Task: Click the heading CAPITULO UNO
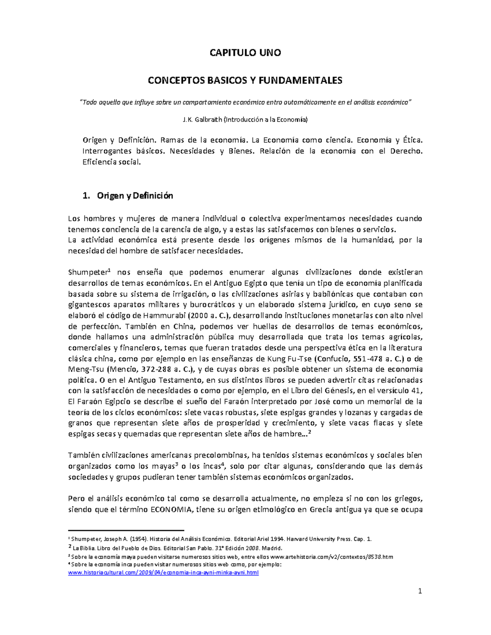[x=245, y=53]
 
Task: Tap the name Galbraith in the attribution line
[x=208, y=120]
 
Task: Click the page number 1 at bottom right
[x=420, y=591]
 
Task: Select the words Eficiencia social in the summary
[x=111, y=162]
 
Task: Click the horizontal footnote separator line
[x=126, y=530]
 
